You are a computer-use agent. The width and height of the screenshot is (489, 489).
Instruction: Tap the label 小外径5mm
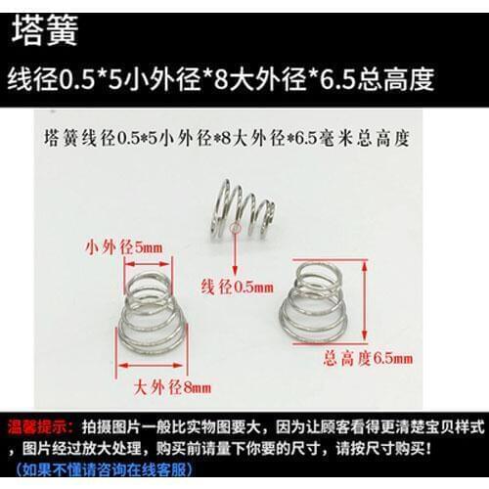pos(122,248)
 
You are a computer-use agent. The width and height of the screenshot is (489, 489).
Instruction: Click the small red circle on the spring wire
pos(242,231)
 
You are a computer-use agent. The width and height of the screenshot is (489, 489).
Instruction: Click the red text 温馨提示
pos(36,428)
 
